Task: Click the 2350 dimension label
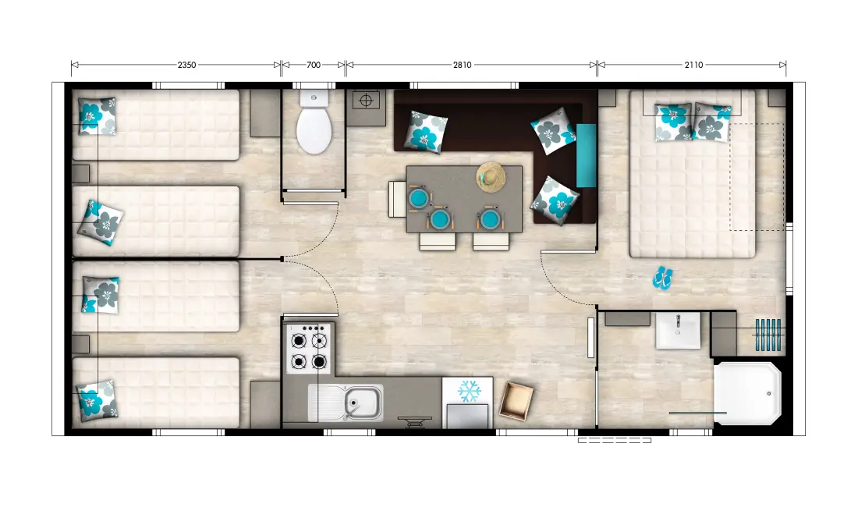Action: pyautogui.click(x=186, y=65)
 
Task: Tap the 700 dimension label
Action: pyautogui.click(x=314, y=65)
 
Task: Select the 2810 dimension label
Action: pyautogui.click(x=462, y=65)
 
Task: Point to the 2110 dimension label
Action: pyautogui.click(x=693, y=65)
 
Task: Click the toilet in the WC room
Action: pyautogui.click(x=314, y=122)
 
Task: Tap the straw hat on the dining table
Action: pyautogui.click(x=491, y=177)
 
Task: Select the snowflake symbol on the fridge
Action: pyautogui.click(x=469, y=391)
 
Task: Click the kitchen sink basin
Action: pyautogui.click(x=363, y=403)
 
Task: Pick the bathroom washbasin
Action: pyautogui.click(x=677, y=331)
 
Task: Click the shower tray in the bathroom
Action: pyautogui.click(x=747, y=392)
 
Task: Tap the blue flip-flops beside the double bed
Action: pyautogui.click(x=663, y=278)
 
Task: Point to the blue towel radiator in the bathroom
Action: pyautogui.click(x=768, y=335)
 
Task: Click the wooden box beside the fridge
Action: pyautogui.click(x=516, y=401)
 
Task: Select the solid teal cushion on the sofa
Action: pyautogui.click(x=586, y=155)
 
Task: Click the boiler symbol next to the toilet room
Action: pyautogui.click(x=366, y=101)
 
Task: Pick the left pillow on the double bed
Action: pyautogui.click(x=672, y=122)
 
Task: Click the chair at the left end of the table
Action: pyautogui.click(x=397, y=199)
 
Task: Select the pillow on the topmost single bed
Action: pyautogui.click(x=97, y=116)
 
